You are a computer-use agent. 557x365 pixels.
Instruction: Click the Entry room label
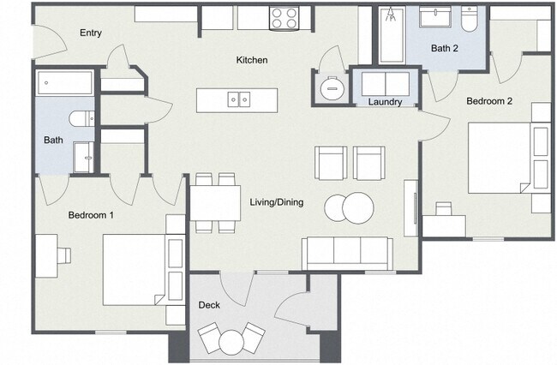coord(91,33)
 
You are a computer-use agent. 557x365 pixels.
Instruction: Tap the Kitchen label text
coord(253,60)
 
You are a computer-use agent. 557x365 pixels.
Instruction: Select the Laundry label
coord(385,103)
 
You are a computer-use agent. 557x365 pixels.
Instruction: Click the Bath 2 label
coord(444,49)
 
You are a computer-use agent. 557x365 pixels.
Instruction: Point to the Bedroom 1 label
coord(92,215)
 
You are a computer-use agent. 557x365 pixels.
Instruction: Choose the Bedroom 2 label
coord(489,100)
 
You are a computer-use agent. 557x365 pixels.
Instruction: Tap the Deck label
coord(210,305)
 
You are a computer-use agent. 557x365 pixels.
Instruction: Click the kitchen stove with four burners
coord(284,17)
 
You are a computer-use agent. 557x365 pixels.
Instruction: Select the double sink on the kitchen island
coord(238,100)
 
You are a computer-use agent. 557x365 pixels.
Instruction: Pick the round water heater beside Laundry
coord(331,87)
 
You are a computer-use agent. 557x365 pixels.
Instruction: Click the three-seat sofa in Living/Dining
coord(346,252)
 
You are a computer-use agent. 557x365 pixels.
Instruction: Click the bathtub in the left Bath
coord(64,84)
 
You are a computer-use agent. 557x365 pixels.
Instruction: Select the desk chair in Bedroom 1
coord(63,254)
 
